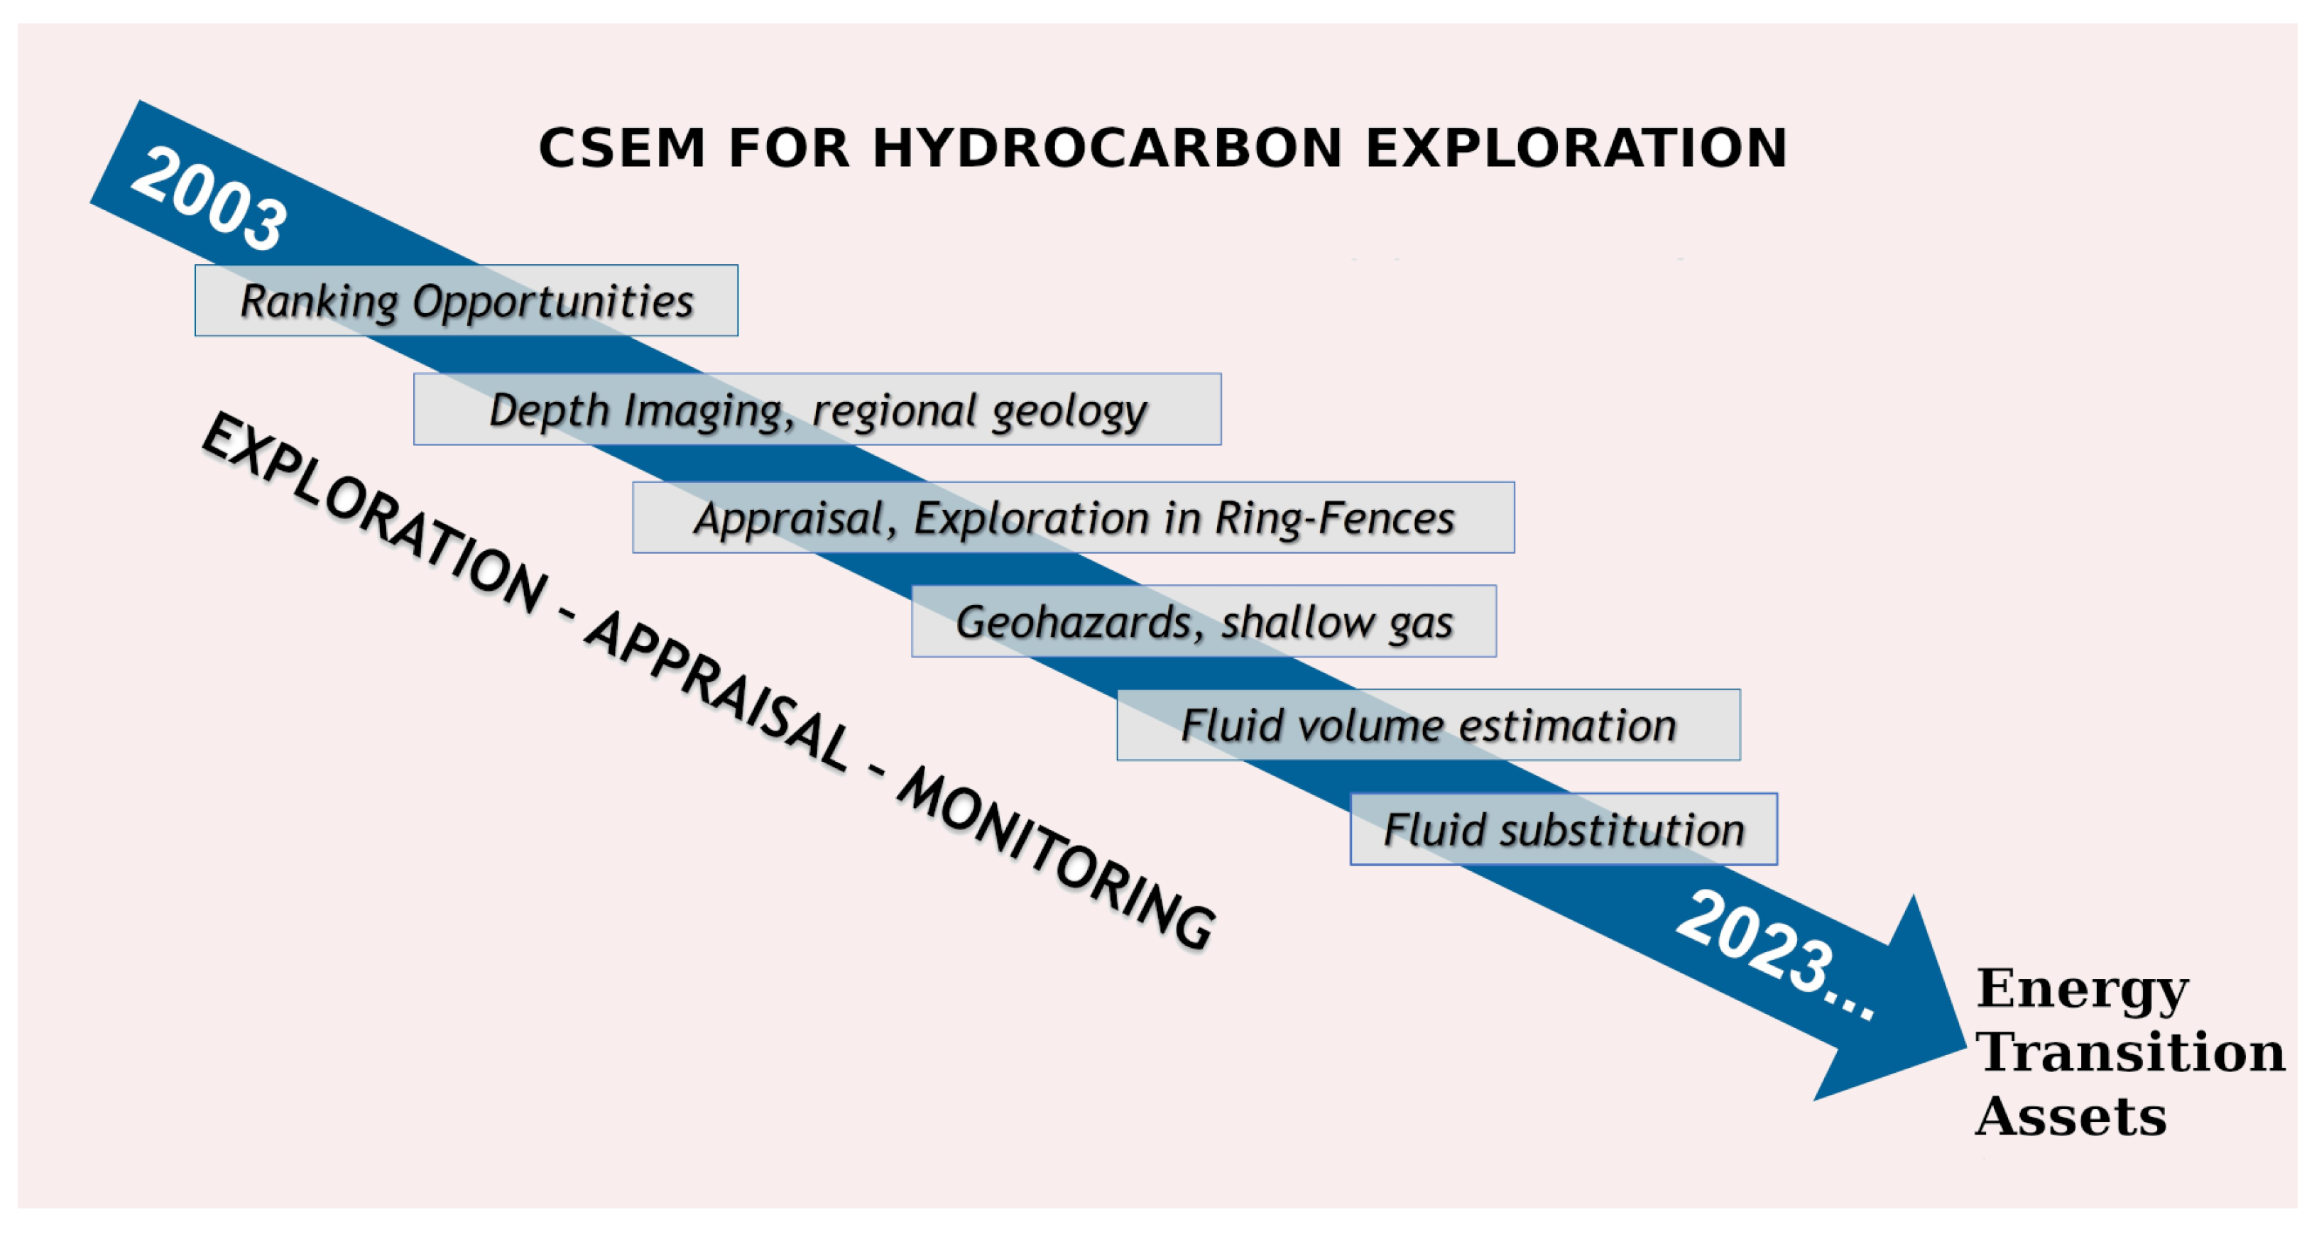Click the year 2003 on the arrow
(209, 199)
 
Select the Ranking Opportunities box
(467, 300)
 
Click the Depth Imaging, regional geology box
(817, 409)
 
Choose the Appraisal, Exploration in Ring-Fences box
(1074, 517)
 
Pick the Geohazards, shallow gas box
(1204, 621)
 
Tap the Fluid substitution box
(1564, 829)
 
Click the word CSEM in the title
(621, 148)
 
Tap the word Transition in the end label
(2130, 1052)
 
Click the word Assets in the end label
(2071, 1116)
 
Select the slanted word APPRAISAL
(717, 691)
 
